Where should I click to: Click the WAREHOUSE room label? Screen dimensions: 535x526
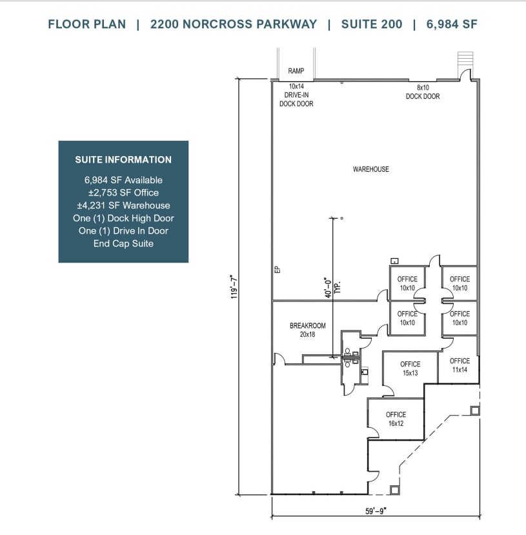[x=370, y=169]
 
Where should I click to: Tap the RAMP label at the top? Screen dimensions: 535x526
[x=296, y=72]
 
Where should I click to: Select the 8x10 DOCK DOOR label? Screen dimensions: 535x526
[x=423, y=92]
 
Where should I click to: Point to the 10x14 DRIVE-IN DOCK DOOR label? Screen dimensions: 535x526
[x=296, y=95]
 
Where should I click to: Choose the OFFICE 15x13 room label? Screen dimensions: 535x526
[x=410, y=368]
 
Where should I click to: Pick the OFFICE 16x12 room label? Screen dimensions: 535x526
[x=396, y=419]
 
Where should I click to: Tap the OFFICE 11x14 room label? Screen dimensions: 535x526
[x=460, y=365]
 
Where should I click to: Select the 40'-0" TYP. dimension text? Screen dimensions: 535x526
[x=332, y=286]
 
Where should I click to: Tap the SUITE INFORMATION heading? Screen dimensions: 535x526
[x=123, y=159]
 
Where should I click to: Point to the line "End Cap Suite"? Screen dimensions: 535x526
[x=123, y=243]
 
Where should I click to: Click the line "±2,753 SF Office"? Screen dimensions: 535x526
[x=123, y=192]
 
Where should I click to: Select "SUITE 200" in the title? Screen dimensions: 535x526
[x=372, y=25]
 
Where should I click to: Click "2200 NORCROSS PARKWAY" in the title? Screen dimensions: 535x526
[x=234, y=25]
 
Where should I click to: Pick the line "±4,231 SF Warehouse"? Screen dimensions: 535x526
[x=123, y=205]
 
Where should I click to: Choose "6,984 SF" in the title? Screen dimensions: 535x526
[x=452, y=25]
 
